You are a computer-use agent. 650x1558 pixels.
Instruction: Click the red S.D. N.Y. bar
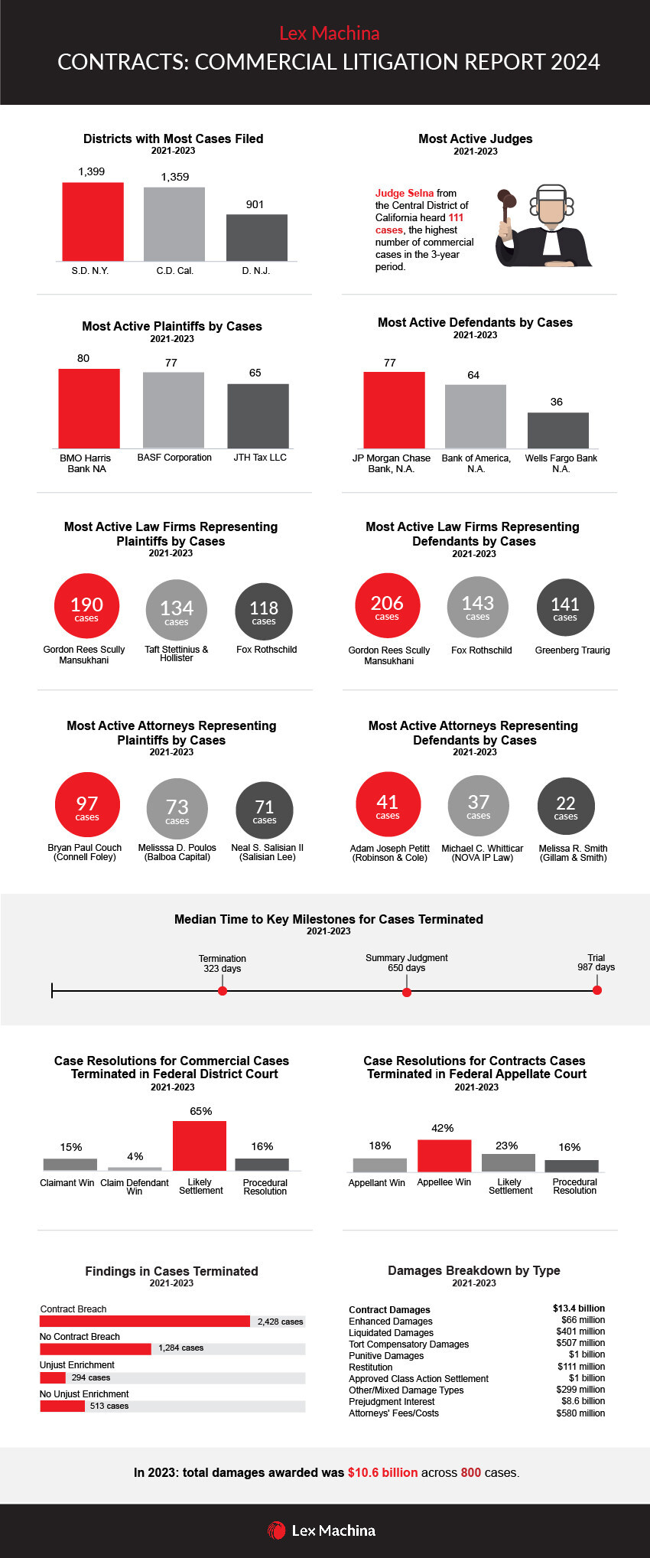(93, 222)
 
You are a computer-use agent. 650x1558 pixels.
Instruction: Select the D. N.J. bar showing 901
(256, 238)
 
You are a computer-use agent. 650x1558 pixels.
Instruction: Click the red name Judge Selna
(404, 194)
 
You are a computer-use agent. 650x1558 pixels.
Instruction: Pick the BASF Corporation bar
(174, 410)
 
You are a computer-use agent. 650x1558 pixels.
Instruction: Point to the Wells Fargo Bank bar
(557, 430)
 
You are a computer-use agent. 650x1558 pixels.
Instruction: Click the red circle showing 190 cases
(86, 605)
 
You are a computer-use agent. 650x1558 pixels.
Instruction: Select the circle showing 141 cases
(565, 608)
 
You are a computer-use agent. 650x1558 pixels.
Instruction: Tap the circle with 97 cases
(87, 805)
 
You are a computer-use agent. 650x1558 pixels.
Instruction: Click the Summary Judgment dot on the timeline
(407, 992)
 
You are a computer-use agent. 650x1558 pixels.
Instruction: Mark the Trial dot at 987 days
(597, 990)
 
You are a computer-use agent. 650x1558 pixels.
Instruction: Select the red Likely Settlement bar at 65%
(200, 1146)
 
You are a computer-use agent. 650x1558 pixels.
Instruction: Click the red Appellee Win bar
(444, 1155)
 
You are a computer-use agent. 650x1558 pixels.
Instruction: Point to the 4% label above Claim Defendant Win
(135, 1156)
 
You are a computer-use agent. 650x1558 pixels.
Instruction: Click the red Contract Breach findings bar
(145, 1322)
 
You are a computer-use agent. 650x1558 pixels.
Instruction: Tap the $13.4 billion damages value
(578, 1309)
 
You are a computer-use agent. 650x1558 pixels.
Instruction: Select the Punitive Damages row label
(386, 1355)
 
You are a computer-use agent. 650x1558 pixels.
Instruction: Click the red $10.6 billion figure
(382, 1472)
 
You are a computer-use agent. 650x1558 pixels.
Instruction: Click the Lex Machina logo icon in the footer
(276, 1530)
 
